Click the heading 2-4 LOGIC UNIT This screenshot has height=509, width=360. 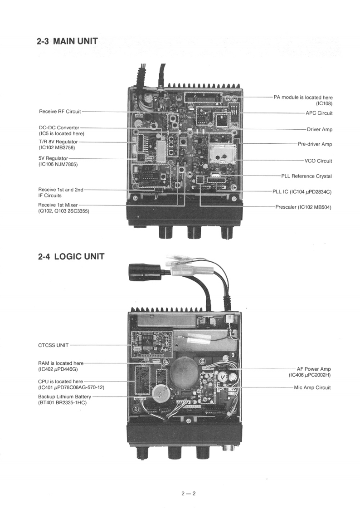71,256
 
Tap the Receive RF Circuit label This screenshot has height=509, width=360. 60,112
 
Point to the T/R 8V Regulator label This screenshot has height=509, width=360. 58,142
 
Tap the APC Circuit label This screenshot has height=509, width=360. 319,113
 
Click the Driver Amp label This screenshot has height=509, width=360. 320,130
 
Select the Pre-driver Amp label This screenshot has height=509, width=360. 315,144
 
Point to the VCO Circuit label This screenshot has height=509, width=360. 318,161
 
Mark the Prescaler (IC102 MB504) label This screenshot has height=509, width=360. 303,207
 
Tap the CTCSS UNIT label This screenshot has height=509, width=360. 54,345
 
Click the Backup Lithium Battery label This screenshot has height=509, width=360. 64,396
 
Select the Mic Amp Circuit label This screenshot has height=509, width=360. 312,388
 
